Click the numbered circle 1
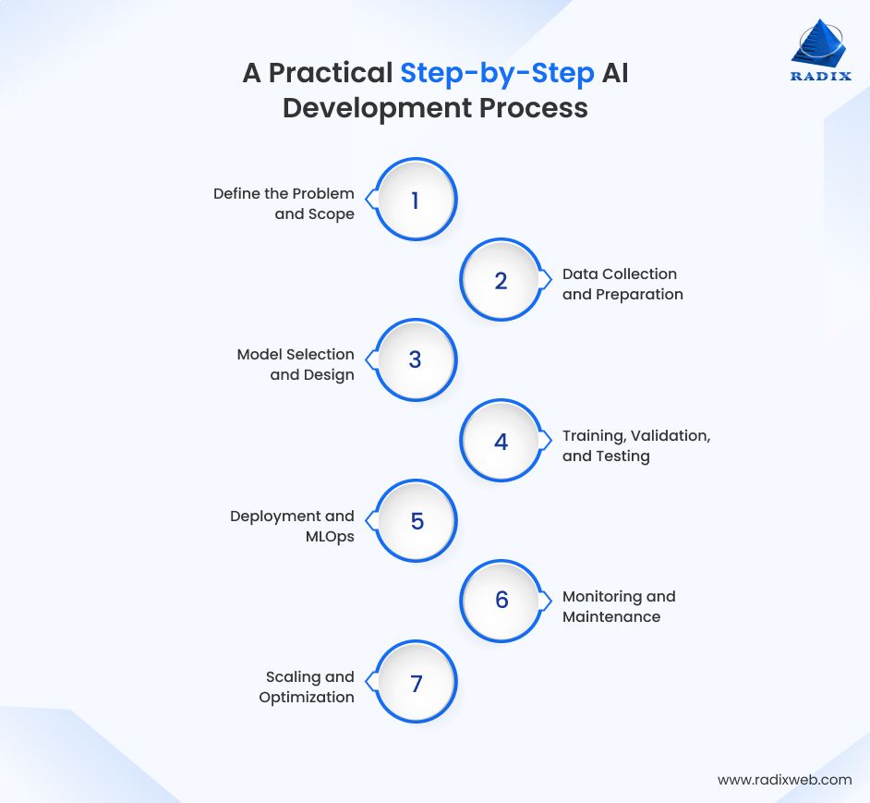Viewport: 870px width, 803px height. click(415, 200)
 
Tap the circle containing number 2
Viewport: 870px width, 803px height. click(501, 280)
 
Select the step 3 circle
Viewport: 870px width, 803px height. click(415, 360)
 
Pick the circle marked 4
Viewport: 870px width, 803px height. click(501, 441)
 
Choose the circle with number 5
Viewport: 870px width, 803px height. click(417, 521)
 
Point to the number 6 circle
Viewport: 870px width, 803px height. click(501, 600)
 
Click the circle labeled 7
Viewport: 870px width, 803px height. click(416, 683)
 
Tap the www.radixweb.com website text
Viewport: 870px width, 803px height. click(784, 779)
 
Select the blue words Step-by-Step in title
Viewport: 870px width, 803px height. click(497, 72)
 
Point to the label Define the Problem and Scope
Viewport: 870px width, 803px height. click(284, 203)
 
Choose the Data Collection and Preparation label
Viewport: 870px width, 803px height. click(622, 284)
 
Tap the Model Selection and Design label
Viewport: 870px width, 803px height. click(296, 364)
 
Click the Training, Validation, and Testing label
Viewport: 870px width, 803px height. click(635, 445)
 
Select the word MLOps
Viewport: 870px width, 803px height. click(329, 537)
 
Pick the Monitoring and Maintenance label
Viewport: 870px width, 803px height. click(619, 606)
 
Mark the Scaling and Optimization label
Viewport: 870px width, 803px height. click(307, 687)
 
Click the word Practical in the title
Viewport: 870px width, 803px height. click(330, 72)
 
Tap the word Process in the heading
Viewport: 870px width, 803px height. click(533, 107)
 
